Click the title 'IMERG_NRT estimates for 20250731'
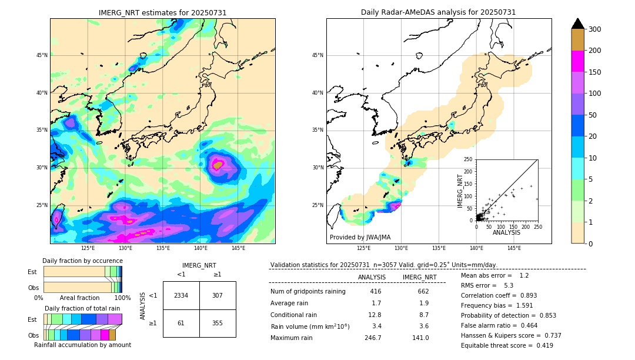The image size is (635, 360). (162, 12)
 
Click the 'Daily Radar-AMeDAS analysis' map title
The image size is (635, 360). (439, 12)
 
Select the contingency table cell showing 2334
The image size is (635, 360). (181, 295)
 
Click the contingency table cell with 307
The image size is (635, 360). (218, 295)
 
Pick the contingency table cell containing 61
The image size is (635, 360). (181, 323)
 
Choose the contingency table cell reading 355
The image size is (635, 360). (218, 323)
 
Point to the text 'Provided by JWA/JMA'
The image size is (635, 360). (360, 237)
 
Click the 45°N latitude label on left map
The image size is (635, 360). (41, 55)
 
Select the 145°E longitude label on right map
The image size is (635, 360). (514, 248)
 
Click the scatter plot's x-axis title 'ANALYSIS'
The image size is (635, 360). (506, 232)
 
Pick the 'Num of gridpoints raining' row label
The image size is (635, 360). (308, 292)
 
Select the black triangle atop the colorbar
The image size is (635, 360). (578, 24)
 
